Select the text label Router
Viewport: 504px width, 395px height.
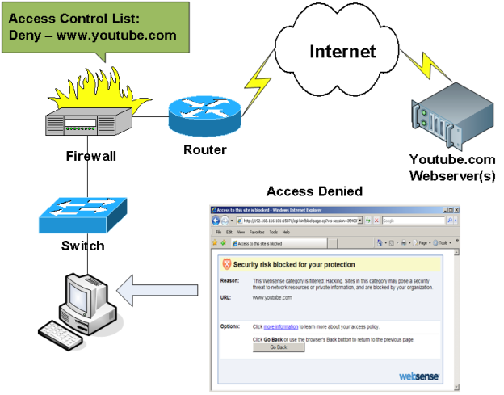point(204,149)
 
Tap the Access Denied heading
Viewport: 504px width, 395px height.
point(314,191)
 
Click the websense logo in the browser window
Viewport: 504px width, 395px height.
point(419,376)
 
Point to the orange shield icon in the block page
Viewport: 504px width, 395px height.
point(227,264)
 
